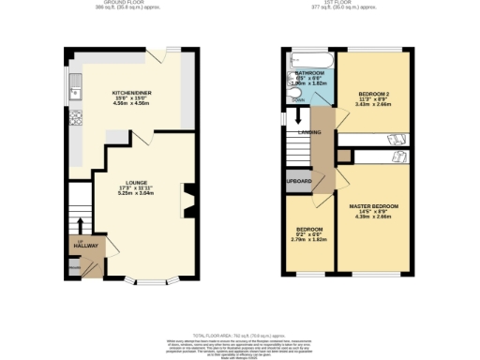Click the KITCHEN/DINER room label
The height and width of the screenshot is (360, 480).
[x=128, y=93]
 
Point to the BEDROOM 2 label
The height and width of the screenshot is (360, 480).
[x=373, y=93]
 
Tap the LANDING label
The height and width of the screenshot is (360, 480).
[x=310, y=132]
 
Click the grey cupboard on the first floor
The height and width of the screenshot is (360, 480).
[x=299, y=181]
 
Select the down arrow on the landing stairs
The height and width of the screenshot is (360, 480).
[x=297, y=118]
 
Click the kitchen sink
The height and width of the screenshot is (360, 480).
[x=77, y=92]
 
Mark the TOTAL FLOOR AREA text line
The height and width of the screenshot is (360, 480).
[x=240, y=335]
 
